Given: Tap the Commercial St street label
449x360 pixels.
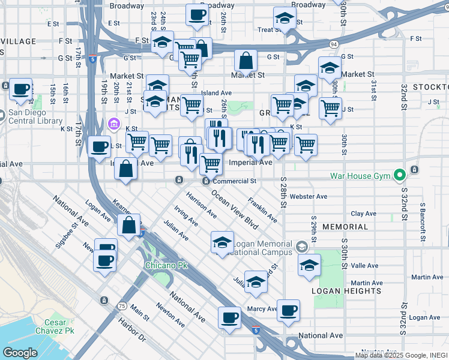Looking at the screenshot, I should pos(235,181).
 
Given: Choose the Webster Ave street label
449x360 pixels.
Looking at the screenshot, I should pos(308,196).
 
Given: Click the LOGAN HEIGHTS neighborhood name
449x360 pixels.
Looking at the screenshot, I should pos(346,290).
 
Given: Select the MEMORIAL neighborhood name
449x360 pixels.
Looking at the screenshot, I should pos(345,227).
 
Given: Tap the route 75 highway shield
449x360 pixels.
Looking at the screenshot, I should pos(122,306).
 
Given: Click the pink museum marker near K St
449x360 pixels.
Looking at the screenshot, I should pos(113,124).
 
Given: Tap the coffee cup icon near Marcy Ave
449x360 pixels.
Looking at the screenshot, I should pos(288,310).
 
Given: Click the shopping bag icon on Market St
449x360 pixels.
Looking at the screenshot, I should pos(246,60).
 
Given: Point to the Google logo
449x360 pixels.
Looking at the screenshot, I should pos(20,353).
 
